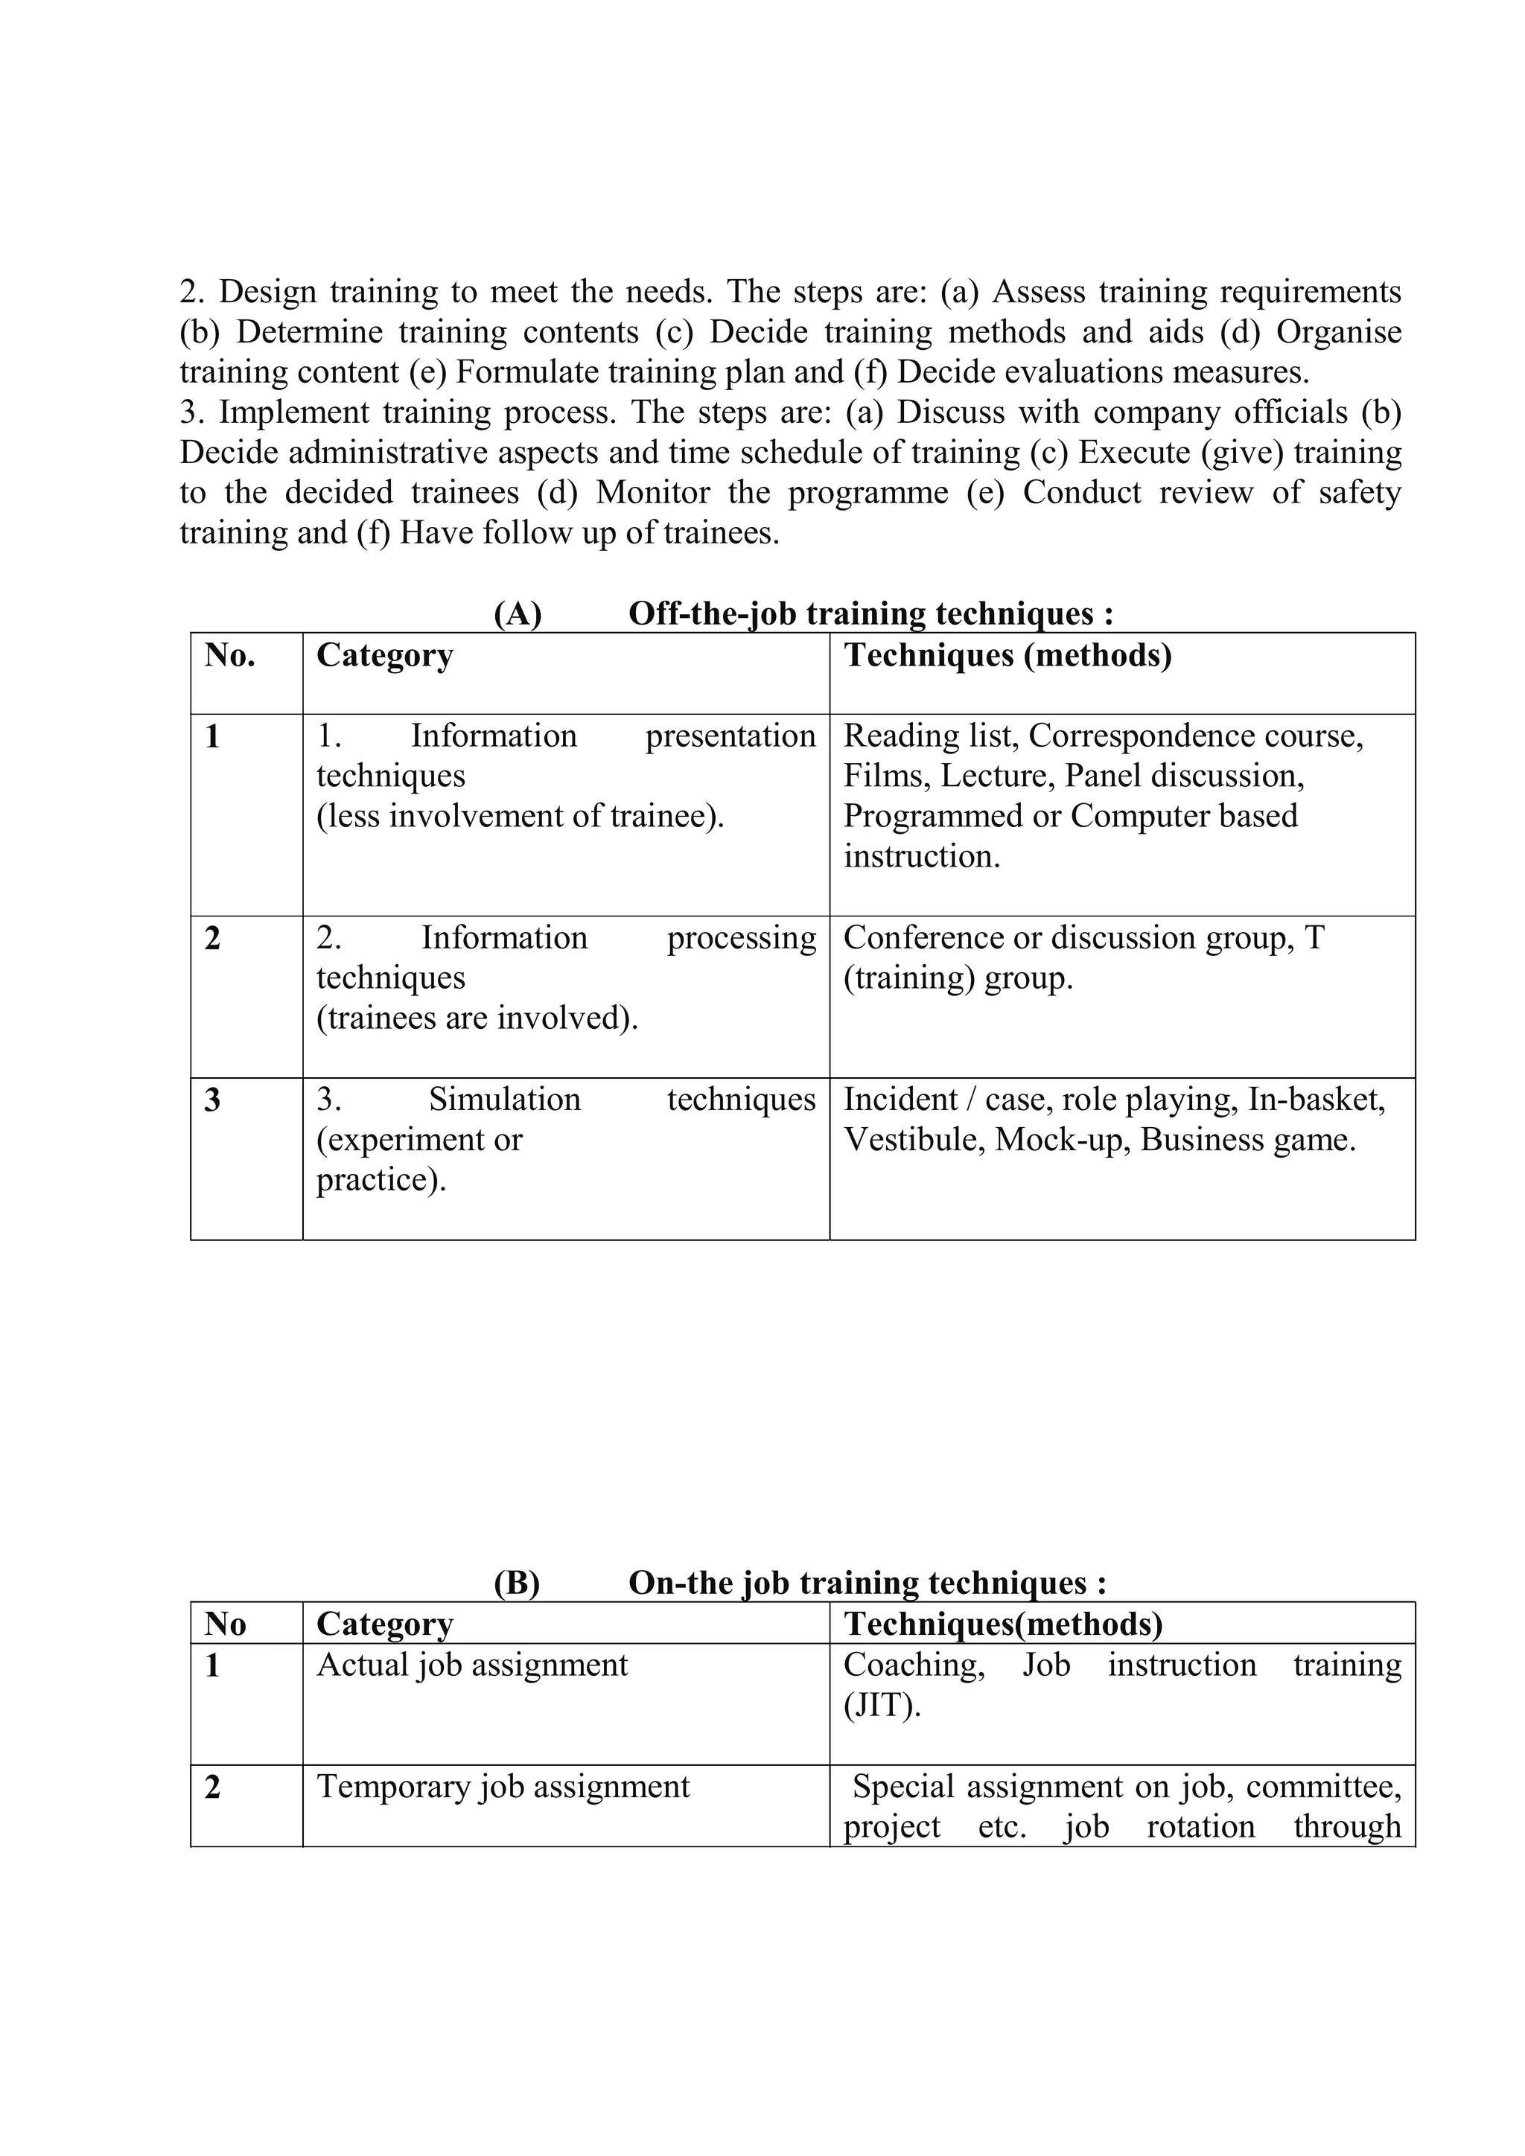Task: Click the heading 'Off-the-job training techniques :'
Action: pos(870,613)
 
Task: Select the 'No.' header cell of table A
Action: pos(230,654)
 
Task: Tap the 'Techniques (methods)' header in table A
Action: pos(1007,654)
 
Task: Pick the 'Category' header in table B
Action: pos(385,1624)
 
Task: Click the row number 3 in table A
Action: pos(213,1100)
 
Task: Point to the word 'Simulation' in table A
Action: pos(504,1099)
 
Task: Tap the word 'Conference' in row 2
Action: pos(923,937)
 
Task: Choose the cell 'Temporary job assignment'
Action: pos(503,1786)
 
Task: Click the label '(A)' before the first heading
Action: pos(518,613)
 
